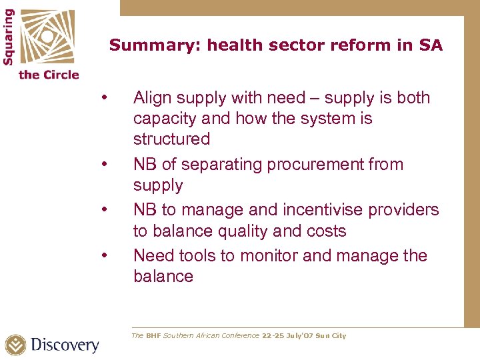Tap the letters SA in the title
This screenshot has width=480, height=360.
[x=431, y=45]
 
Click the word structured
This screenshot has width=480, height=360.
[x=171, y=139]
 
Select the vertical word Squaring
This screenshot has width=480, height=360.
[x=9, y=36]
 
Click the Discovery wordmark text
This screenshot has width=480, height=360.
[x=65, y=345]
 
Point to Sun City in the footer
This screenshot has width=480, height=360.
[x=331, y=336]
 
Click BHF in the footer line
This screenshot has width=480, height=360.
[x=153, y=336]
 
